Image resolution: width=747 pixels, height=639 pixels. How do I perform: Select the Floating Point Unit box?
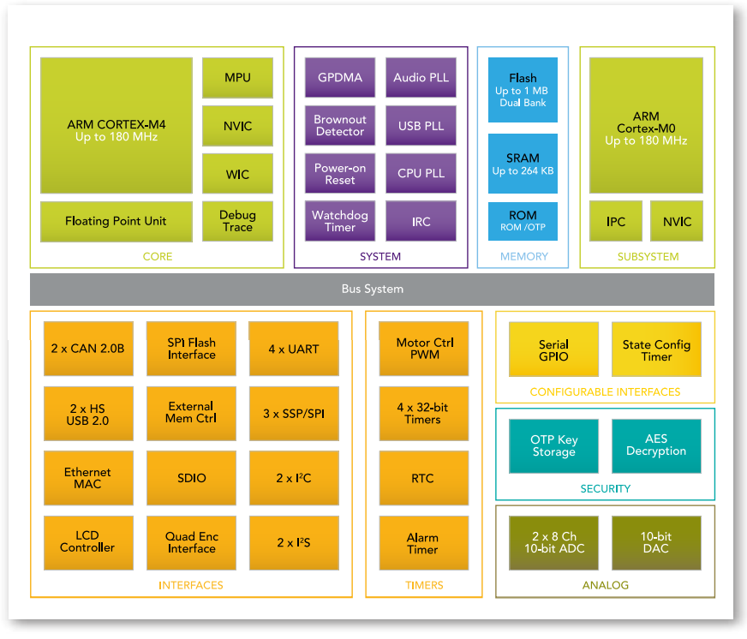pyautogui.click(x=117, y=221)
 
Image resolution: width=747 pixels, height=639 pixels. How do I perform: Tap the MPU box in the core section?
pyautogui.click(x=237, y=78)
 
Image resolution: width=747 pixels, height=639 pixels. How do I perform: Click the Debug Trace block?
pyautogui.click(x=237, y=221)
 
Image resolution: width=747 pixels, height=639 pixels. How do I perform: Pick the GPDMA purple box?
pyautogui.click(x=340, y=78)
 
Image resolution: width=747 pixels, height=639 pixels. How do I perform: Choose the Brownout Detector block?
pyautogui.click(x=340, y=126)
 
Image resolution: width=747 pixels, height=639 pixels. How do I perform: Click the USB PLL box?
pyautogui.click(x=421, y=126)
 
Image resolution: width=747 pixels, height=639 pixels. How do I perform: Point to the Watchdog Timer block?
pyautogui.click(x=340, y=221)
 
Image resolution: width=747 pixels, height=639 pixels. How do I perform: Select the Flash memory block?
pyautogui.click(x=523, y=89)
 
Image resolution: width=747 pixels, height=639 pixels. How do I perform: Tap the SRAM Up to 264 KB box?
pyautogui.click(x=523, y=163)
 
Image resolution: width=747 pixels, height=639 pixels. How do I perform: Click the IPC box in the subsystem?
pyautogui.click(x=616, y=221)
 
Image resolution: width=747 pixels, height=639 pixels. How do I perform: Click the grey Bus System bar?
pyautogui.click(x=372, y=290)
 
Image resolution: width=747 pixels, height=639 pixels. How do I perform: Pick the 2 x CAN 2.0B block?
pyautogui.click(x=88, y=349)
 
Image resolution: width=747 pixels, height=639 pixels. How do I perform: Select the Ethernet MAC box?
pyautogui.click(x=88, y=478)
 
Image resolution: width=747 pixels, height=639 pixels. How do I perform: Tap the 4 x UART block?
pyautogui.click(x=293, y=349)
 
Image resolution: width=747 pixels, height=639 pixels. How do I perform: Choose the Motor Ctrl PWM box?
pyautogui.click(x=424, y=349)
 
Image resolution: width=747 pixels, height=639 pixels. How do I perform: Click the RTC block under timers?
pyautogui.click(x=424, y=478)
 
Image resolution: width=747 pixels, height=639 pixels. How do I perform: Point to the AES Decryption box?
pyautogui.click(x=656, y=445)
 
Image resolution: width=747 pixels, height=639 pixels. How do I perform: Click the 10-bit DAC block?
pyautogui.click(x=656, y=543)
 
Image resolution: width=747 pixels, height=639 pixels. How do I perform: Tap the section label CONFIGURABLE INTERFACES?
pyautogui.click(x=605, y=392)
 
